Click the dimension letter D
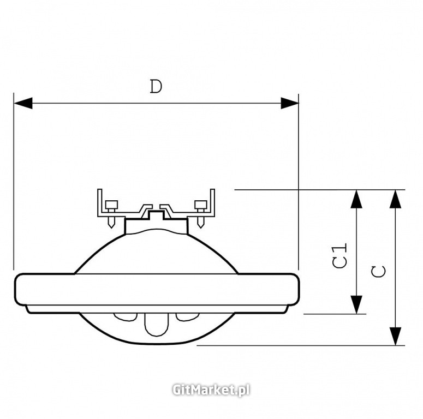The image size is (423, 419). [156, 87]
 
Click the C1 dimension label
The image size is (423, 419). [339, 255]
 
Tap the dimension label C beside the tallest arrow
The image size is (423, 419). [378, 271]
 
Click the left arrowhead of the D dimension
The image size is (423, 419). [23, 103]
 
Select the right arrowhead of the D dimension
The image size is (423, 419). [289, 103]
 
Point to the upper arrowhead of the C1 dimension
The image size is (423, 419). [356, 199]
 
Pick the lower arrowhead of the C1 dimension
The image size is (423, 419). [356, 304]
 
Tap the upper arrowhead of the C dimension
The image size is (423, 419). [395, 199]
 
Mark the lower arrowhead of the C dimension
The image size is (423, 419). [395, 336]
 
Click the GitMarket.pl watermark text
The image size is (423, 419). [211, 390]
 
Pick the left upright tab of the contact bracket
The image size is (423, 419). [100, 202]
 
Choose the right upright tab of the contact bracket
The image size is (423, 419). [212, 202]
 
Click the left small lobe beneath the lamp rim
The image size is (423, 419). [124, 317]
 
